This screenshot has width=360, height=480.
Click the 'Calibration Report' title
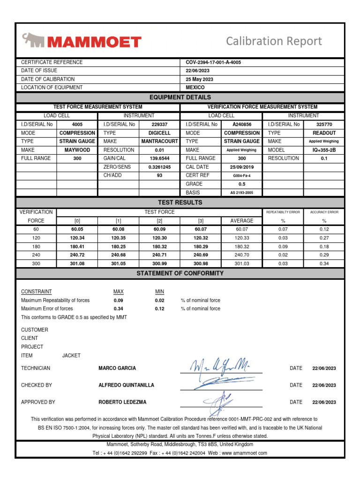coord(274,41)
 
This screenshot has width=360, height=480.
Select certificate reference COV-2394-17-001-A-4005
coord(213,62)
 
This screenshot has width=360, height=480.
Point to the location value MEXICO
coord(195,88)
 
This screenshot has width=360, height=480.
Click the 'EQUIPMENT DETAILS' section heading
coord(180,97)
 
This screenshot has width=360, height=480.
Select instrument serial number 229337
coord(159,125)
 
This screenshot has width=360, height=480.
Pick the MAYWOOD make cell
coord(77,150)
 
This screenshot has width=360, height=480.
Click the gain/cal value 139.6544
coord(159,158)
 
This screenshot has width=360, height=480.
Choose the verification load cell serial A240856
coord(242,125)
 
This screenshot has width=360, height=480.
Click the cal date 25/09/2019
coord(242,167)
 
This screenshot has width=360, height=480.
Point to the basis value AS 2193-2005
coord(242,192)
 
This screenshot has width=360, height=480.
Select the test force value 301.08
coord(77,263)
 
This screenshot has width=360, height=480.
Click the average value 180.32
coord(241,246)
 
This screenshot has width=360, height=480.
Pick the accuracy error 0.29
coord(324,255)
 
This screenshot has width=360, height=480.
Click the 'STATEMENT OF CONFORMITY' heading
coord(180,273)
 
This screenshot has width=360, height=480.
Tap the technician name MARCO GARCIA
coord(118,368)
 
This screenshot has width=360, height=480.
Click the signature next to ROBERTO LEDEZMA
coord(220,401)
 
